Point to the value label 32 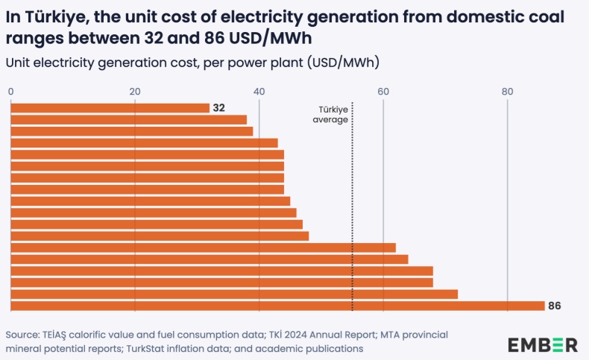pos(218,108)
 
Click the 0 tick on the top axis pos(11,91)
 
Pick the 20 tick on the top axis pos(135,91)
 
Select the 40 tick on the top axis pos(259,91)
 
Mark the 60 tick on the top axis pos(383,91)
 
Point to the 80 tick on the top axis pos(508,91)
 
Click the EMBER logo pos(543,344)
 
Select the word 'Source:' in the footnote pos(25,335)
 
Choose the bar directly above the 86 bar pos(234,294)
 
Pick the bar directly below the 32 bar pos(128,120)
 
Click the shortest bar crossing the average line pos(203,247)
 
